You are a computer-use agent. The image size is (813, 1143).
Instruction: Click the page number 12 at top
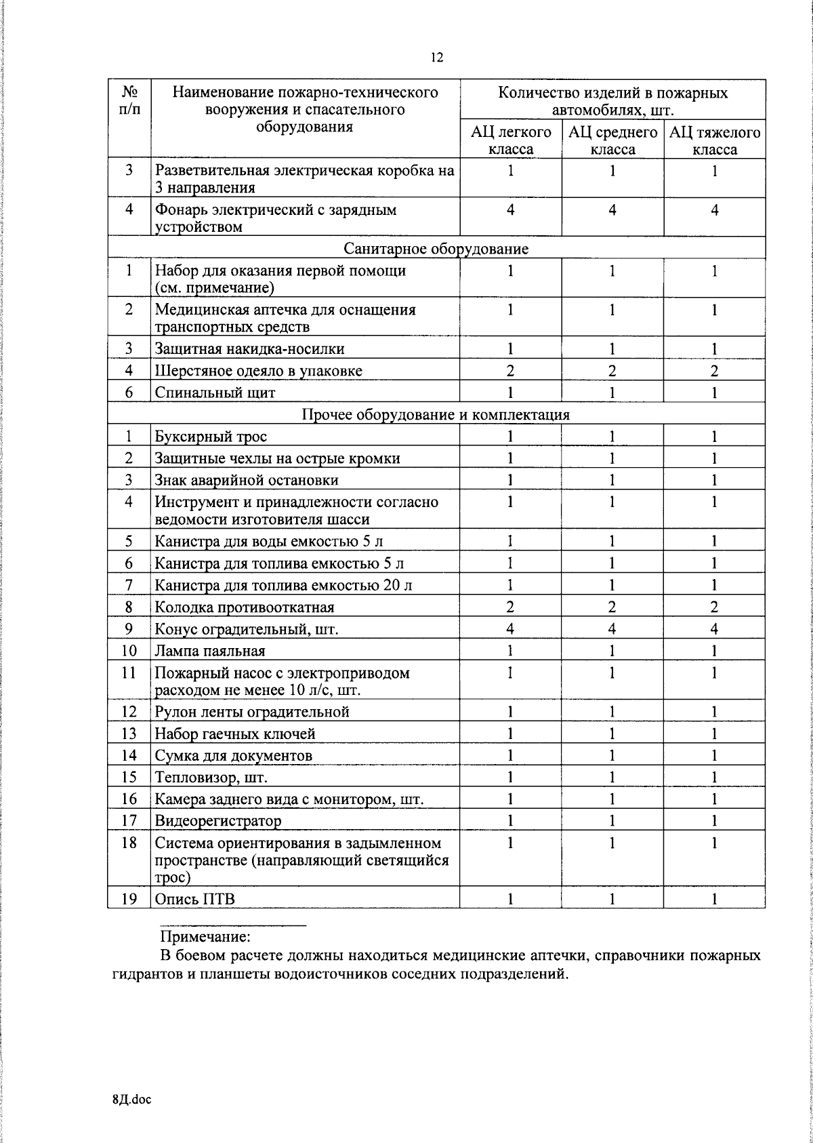436,58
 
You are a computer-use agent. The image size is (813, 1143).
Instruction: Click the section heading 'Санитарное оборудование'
436,249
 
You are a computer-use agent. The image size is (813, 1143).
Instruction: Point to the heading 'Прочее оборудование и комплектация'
436,414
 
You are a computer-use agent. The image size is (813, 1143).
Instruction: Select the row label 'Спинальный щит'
215,393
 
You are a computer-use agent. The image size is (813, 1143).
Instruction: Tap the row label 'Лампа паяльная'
209,651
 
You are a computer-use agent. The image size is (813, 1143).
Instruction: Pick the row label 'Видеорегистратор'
217,822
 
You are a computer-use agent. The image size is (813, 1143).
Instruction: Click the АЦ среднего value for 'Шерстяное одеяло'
612,371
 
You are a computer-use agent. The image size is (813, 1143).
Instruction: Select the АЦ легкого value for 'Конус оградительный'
510,629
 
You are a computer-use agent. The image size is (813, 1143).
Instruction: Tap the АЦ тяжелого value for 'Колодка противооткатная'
714,607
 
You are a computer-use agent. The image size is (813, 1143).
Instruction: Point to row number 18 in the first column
129,843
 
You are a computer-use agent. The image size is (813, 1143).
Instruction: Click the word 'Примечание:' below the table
205,938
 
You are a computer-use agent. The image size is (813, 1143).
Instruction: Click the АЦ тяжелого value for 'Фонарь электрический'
714,210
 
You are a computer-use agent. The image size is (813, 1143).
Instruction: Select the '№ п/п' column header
129,100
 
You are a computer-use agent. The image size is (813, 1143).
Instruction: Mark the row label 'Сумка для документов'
233,756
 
